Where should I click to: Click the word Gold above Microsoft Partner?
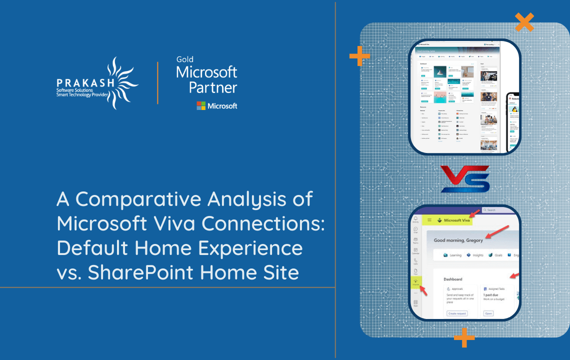click(x=184, y=59)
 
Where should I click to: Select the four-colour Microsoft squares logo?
click(x=201, y=105)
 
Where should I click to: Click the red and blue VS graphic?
click(x=464, y=179)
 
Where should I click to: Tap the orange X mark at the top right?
click(x=524, y=22)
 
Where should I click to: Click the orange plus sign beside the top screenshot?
click(x=359, y=56)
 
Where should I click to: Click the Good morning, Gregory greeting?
click(x=458, y=240)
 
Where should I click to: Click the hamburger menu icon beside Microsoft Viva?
click(x=429, y=220)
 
